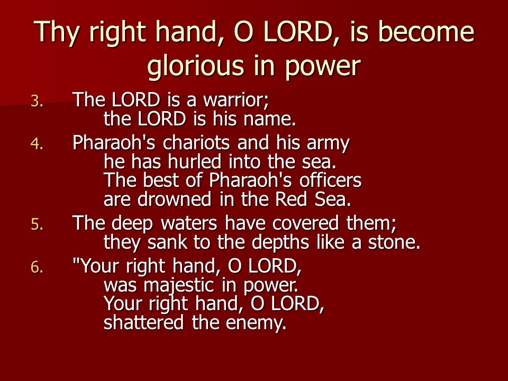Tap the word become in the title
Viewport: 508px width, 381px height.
[427, 31]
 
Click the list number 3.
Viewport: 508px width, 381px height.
[37, 101]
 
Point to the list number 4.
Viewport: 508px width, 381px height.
[37, 143]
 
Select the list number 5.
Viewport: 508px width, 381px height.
[37, 224]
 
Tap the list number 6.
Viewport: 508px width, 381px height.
[37, 267]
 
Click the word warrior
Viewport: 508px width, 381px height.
[236, 100]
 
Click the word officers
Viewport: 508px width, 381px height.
[330, 180]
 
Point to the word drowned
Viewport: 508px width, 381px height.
[174, 199]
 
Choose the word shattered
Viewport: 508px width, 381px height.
[143, 322]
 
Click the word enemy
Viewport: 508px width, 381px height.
[256, 323]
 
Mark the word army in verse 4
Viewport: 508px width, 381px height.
[328, 143]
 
